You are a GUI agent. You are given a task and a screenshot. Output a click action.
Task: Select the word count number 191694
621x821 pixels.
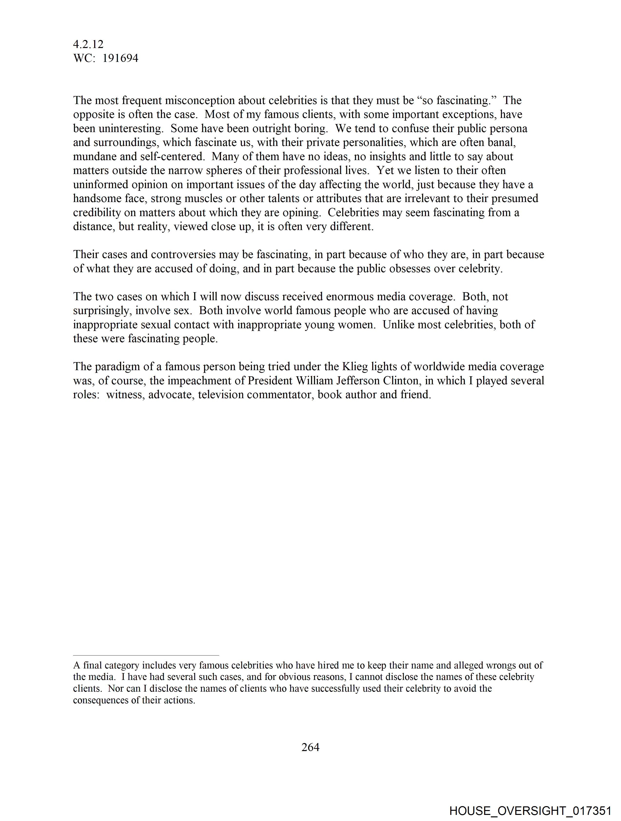(120, 58)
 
